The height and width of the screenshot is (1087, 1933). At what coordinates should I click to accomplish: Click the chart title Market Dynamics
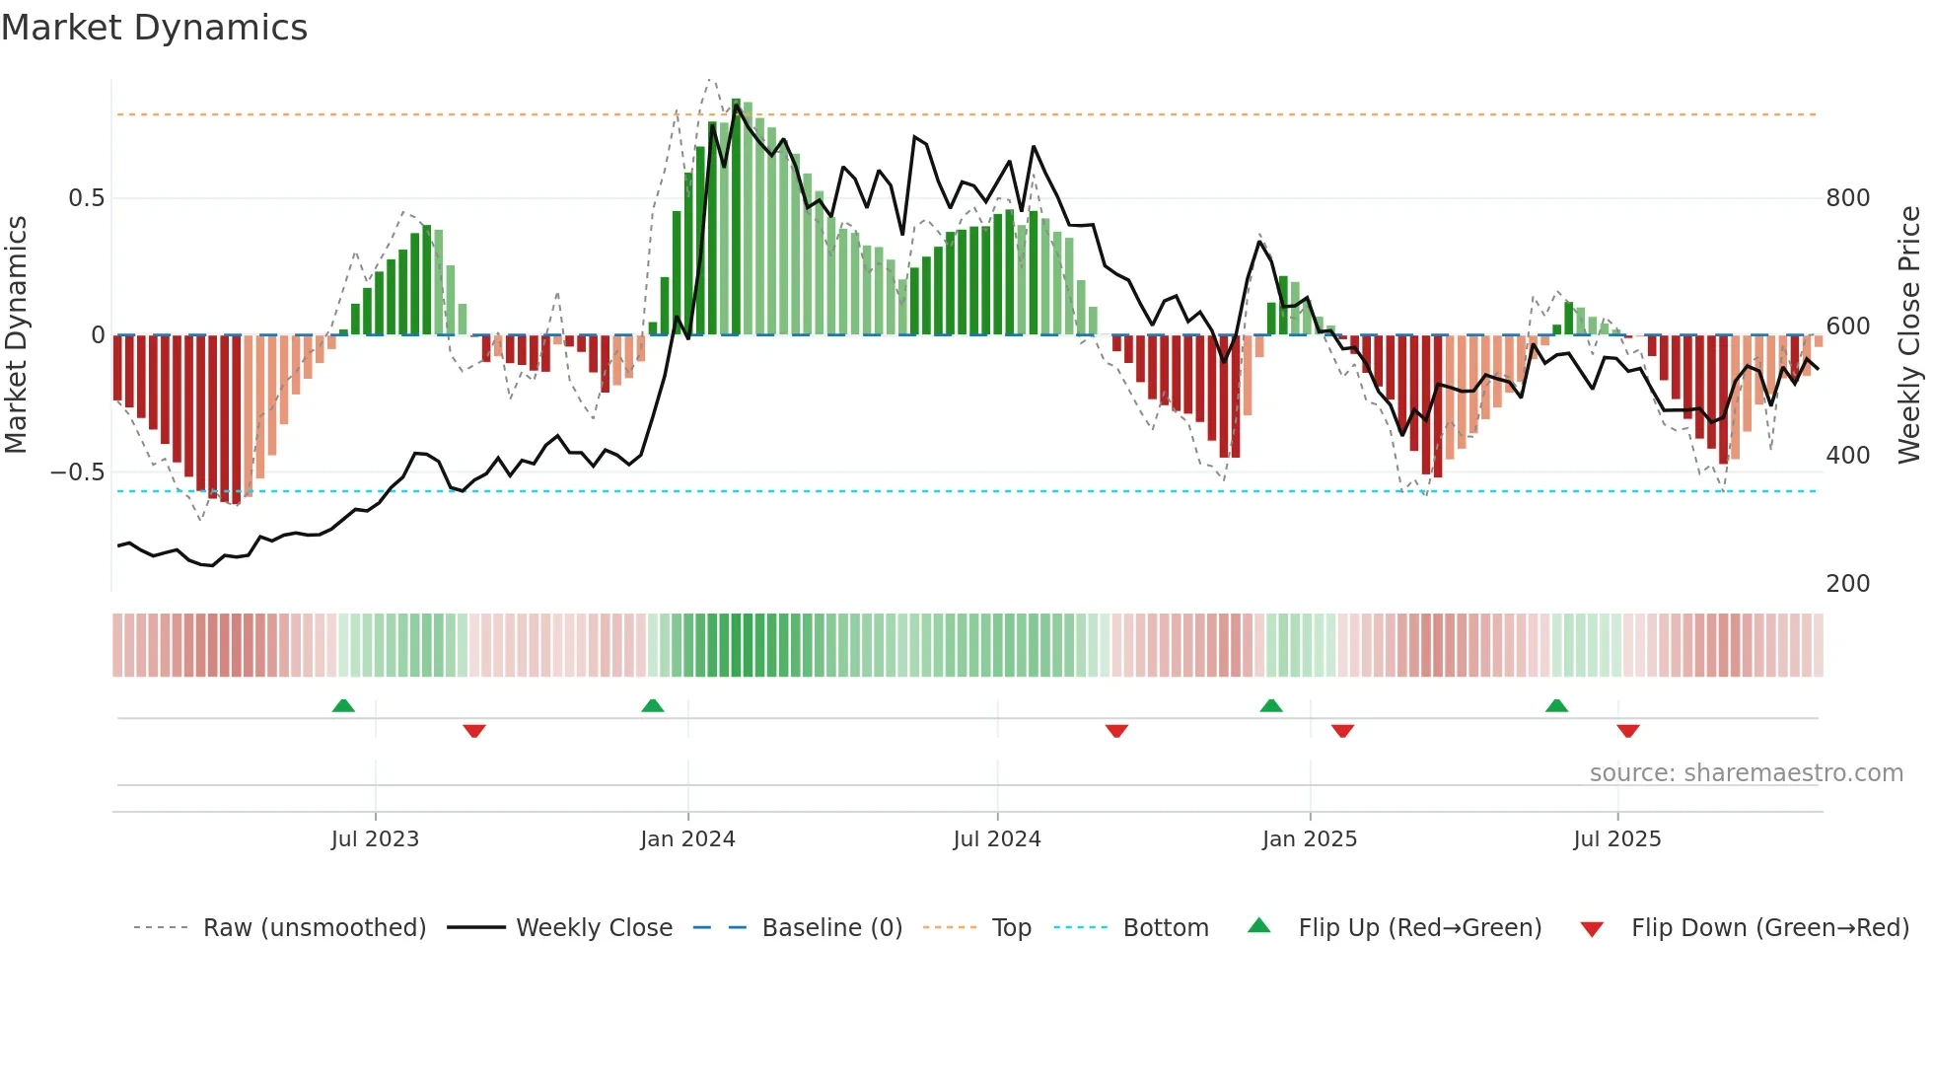(x=154, y=28)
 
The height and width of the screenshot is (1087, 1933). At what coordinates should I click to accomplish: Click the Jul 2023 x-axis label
(x=375, y=839)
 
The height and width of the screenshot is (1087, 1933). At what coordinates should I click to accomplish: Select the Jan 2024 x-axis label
(x=687, y=839)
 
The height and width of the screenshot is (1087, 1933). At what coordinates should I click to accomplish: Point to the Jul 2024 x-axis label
(x=996, y=839)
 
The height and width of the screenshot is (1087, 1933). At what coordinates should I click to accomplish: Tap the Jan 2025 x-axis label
(x=1309, y=839)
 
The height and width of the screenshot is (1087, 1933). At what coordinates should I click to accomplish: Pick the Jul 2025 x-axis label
(x=1616, y=839)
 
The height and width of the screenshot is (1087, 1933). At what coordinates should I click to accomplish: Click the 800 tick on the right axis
(x=1847, y=198)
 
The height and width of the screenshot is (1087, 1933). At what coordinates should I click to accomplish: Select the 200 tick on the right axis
(x=1847, y=584)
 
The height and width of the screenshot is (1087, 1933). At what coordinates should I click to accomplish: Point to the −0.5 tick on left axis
(x=78, y=472)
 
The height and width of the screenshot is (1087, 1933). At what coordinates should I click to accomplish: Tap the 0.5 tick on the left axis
(x=86, y=198)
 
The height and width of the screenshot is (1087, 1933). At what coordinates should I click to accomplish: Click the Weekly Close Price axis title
(x=1909, y=335)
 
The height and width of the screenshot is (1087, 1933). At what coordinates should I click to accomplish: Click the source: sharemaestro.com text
(x=1746, y=773)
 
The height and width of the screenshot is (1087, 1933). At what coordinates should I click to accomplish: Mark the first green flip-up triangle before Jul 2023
(x=343, y=706)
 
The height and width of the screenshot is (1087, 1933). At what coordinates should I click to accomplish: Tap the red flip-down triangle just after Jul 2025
(x=1627, y=731)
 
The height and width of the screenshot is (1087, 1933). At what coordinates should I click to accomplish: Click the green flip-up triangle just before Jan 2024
(x=652, y=706)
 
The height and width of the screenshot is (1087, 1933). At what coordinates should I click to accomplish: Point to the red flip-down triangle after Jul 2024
(x=1116, y=731)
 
